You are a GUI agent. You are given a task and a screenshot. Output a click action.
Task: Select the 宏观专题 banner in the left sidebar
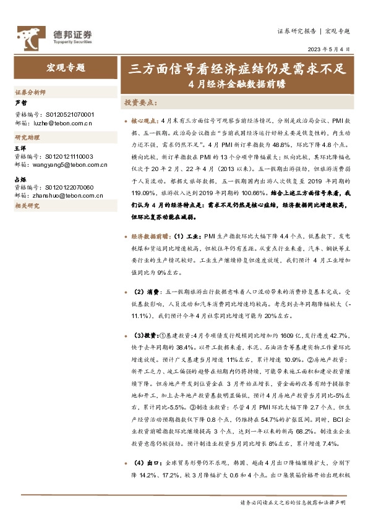pyautogui.click(x=66, y=68)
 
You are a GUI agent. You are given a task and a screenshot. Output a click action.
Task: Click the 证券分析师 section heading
pyautogui.click(x=30, y=93)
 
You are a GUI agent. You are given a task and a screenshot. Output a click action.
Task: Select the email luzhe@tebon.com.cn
pyautogui.click(x=61, y=123)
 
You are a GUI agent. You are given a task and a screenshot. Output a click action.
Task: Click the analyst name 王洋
pyautogui.click(x=20, y=149)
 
